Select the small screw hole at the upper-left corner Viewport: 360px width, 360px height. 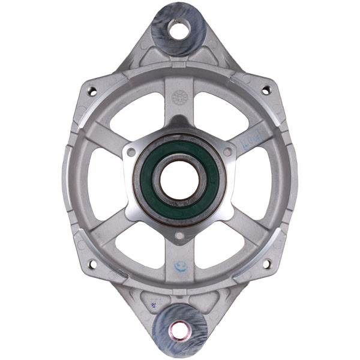[x=92, y=91]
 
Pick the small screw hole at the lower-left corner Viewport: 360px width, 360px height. [x=92, y=263]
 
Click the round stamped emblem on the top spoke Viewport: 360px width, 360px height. [x=179, y=96]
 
